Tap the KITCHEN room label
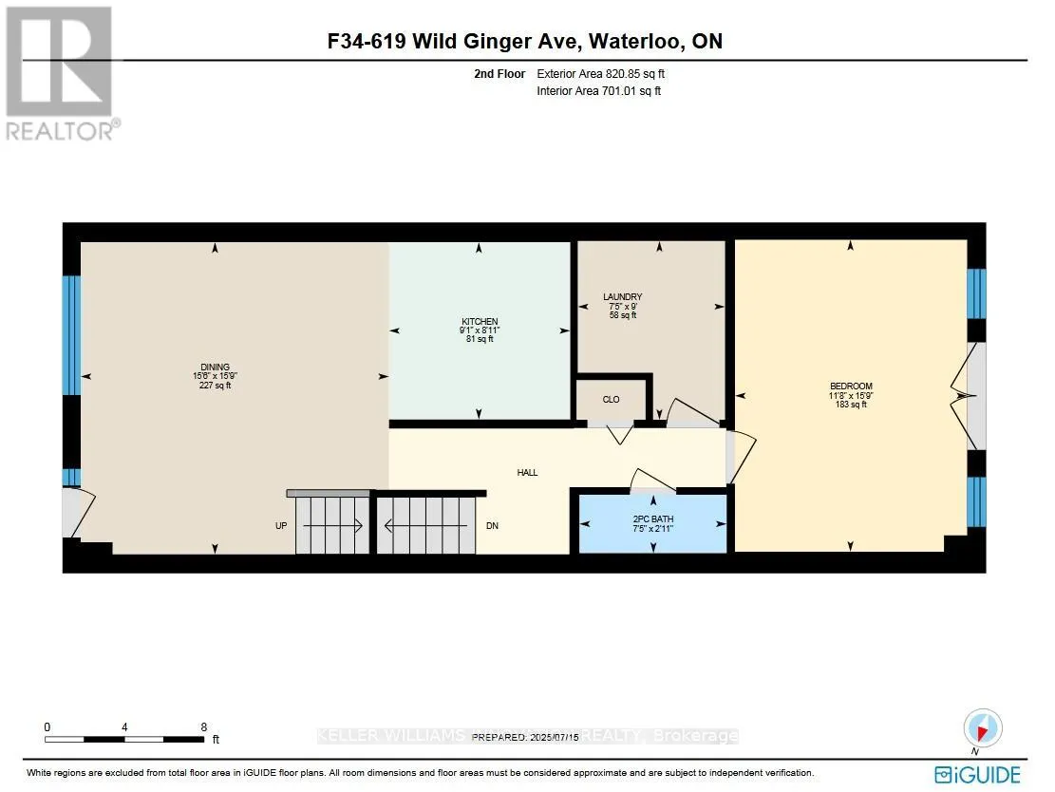[x=480, y=322]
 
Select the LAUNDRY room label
[x=624, y=297]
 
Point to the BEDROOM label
[x=850, y=387]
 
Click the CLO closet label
[x=611, y=400]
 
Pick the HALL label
[x=527, y=472]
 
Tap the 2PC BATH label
[x=652, y=519]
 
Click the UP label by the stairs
[x=281, y=525]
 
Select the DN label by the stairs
[x=492, y=525]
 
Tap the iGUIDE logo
[x=977, y=773]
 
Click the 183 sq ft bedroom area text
[x=850, y=405]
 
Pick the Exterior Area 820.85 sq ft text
[x=608, y=73]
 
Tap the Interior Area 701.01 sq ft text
[x=598, y=91]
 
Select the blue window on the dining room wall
[x=71, y=334]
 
